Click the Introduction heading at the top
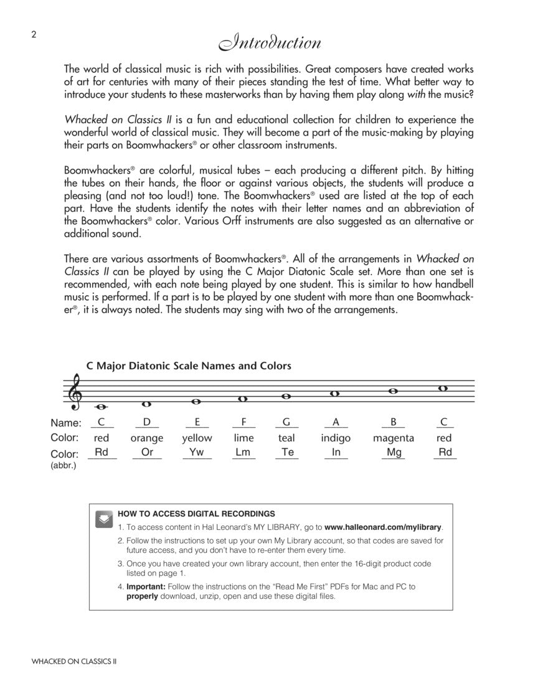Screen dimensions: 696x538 click(269, 43)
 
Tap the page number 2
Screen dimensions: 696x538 click(34, 34)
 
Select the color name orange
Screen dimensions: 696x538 click(147, 438)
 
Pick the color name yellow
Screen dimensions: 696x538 click(197, 438)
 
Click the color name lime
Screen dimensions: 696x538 click(243, 438)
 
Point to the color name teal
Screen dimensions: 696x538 click(286, 438)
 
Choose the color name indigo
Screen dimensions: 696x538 click(336, 438)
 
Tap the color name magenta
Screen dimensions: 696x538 click(394, 438)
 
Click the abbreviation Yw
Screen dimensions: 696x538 click(197, 453)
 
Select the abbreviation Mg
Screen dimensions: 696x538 click(394, 453)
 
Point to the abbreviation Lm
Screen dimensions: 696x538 click(243, 453)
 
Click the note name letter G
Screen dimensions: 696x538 click(286, 422)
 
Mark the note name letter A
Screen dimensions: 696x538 click(336, 422)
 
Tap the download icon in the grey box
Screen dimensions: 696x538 click(104, 519)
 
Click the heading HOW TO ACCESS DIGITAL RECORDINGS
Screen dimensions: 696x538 click(196, 514)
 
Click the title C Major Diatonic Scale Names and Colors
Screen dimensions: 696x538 click(189, 365)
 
